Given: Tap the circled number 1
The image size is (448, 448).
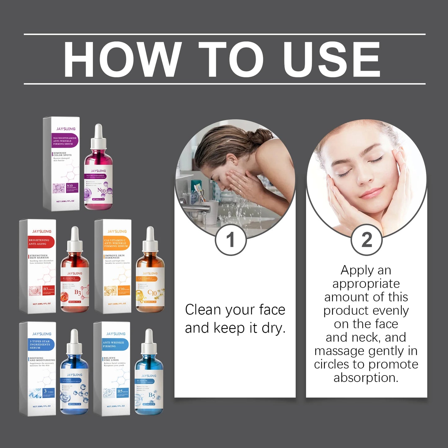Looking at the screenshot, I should tap(230, 240).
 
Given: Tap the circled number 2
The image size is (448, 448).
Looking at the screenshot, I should tap(366, 240).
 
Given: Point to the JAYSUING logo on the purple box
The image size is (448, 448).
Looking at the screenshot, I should tap(66, 129).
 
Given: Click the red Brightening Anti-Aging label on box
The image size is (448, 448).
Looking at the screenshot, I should tap(41, 242).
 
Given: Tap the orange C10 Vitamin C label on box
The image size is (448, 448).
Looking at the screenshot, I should tap(116, 243).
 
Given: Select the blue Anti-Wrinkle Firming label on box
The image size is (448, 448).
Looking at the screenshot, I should tap(115, 344).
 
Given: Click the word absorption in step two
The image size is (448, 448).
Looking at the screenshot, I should tap(366, 378).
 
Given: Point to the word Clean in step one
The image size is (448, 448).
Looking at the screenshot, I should tap(203, 309).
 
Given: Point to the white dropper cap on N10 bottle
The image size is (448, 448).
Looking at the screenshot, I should tap(98, 136).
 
